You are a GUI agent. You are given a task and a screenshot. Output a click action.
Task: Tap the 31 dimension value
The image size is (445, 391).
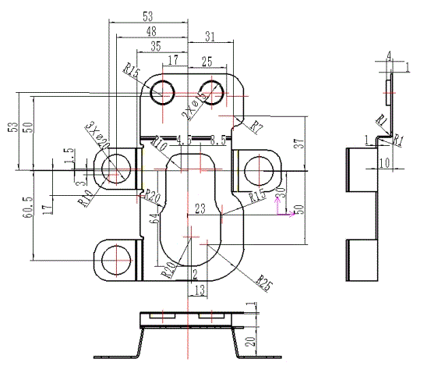click(210, 36)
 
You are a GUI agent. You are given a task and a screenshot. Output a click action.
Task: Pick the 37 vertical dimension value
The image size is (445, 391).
click(297, 143)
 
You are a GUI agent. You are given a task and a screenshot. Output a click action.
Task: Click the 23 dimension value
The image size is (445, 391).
click(200, 208)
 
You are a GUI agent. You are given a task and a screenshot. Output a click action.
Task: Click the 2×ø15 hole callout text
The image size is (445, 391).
click(195, 103)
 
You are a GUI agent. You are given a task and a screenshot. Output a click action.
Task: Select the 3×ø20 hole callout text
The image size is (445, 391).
click(95, 134)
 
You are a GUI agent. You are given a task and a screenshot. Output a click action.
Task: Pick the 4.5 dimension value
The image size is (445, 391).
click(184, 140)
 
